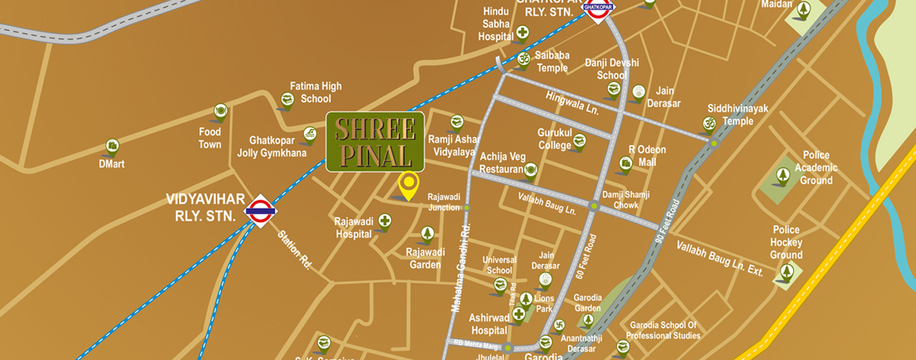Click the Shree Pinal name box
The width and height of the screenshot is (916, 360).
pos(375,141)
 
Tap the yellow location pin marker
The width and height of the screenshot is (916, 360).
pos(409,185)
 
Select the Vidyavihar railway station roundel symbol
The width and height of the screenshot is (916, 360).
pos(260,211)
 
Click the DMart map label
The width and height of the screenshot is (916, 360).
pos(112,164)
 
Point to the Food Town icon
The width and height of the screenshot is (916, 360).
pos(220,111)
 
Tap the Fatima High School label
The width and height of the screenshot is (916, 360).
pos(316,92)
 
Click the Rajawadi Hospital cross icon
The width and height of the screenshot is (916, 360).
pos(385,221)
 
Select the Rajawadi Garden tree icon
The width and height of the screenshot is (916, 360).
pos(427,233)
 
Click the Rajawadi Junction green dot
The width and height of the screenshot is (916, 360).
pos(467,207)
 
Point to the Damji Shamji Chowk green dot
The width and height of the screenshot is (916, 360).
pos(594,206)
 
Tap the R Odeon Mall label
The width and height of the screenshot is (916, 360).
pos(647,156)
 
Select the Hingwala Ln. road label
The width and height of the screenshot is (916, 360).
pos(572,103)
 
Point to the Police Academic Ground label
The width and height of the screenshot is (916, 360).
pos(817,168)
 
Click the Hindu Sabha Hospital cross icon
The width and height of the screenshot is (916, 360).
pos(522,31)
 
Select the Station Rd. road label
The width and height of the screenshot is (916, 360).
pos(294,249)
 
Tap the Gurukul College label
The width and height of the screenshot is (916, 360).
pos(555,139)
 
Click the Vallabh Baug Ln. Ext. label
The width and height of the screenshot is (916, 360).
pos(720,259)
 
